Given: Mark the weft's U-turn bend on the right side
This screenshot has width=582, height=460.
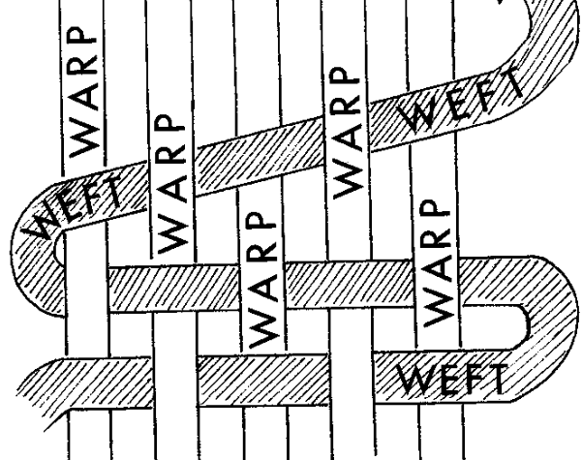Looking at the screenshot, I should coord(528,315).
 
